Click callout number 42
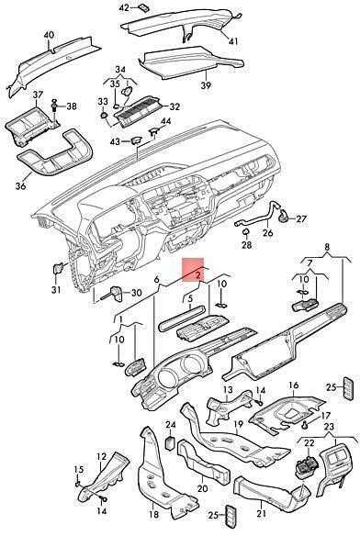tap(124, 7)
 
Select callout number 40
tap(49, 35)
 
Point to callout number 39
tap(206, 85)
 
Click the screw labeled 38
tap(54, 106)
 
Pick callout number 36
tap(20, 186)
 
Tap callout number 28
tap(247, 245)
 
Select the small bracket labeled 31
tap(58, 268)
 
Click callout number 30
tap(136, 293)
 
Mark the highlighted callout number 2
tap(197, 274)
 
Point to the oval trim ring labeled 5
tap(182, 318)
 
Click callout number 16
tap(294, 385)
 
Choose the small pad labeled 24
tap(171, 443)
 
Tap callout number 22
tap(309, 442)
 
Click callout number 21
tap(261, 513)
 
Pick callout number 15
tap(79, 469)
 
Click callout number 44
tap(166, 121)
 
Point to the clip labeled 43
tap(136, 140)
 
